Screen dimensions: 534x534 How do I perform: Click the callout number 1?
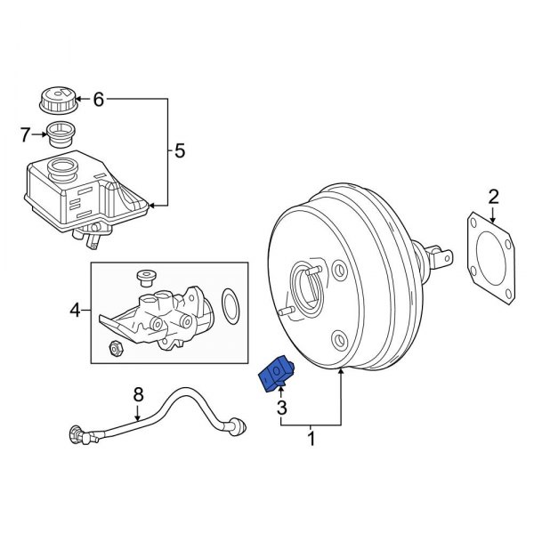pyautogui.click(x=311, y=438)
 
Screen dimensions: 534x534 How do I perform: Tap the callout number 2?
pyautogui.click(x=493, y=196)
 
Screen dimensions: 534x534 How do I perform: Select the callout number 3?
pyautogui.click(x=281, y=409)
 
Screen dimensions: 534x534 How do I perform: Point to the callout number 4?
pyautogui.click(x=76, y=310)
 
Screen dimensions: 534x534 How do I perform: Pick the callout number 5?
pyautogui.click(x=180, y=151)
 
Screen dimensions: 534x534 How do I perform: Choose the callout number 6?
pyautogui.click(x=99, y=100)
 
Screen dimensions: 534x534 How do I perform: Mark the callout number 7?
pyautogui.click(x=25, y=134)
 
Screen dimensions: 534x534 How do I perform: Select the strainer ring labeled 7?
pyautogui.click(x=61, y=135)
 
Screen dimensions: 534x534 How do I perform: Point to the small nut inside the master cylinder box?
pyautogui.click(x=115, y=346)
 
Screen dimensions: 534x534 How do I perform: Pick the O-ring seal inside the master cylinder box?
pyautogui.click(x=230, y=307)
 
